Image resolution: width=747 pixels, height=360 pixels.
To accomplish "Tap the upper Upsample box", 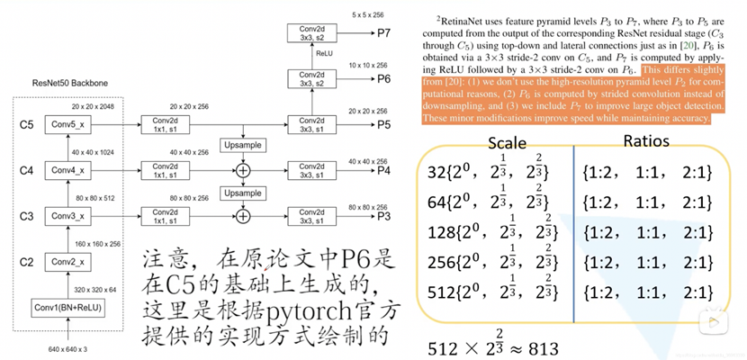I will coord(241,145).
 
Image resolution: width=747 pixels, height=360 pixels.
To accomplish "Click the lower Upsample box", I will coord(241,193).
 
